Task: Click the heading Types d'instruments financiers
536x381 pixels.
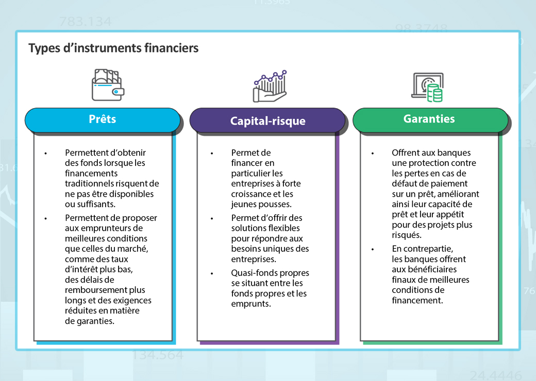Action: tap(113, 48)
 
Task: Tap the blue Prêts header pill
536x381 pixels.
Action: tap(103, 119)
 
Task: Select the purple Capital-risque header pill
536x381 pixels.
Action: tap(267, 122)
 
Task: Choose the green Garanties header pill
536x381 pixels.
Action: tap(429, 119)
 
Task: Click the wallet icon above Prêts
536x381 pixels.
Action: tap(108, 85)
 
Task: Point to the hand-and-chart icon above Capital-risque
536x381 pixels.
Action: tap(270, 86)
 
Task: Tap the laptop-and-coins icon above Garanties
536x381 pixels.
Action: tap(427, 87)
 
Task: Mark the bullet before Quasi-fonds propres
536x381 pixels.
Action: tap(211, 273)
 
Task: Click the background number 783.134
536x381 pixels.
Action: tap(85, 22)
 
